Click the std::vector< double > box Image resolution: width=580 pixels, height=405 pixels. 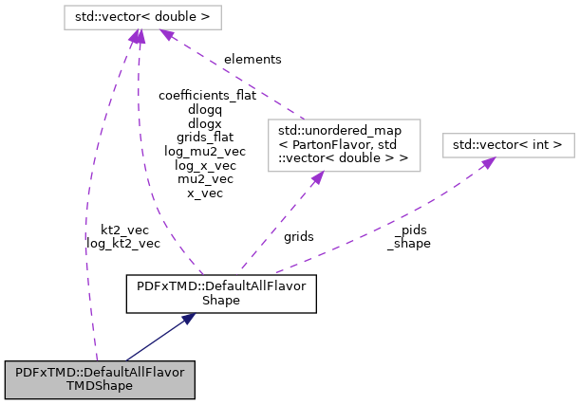pos(141,17)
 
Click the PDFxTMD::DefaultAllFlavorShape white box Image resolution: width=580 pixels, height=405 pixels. pos(221,293)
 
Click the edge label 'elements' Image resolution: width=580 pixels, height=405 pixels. pos(253,59)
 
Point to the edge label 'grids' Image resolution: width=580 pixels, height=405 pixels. pos(298,236)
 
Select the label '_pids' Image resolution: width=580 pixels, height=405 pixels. pos(408,230)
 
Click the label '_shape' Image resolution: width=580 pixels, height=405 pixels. pos(408,243)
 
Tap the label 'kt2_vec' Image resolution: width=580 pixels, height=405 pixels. pos(123,230)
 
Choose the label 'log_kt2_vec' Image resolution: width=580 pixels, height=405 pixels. pos(123,243)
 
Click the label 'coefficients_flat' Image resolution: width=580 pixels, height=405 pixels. pos(204,95)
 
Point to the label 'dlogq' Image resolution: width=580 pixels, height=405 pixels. pos(204,109)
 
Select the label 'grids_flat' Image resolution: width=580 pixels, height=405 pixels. pos(204,137)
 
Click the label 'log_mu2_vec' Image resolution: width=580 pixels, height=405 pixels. pos(204,151)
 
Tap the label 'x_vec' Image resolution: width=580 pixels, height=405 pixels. pos(204,193)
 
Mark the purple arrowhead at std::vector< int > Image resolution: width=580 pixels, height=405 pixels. pos(487,163)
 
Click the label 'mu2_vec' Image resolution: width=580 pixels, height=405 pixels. pos(204,178)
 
